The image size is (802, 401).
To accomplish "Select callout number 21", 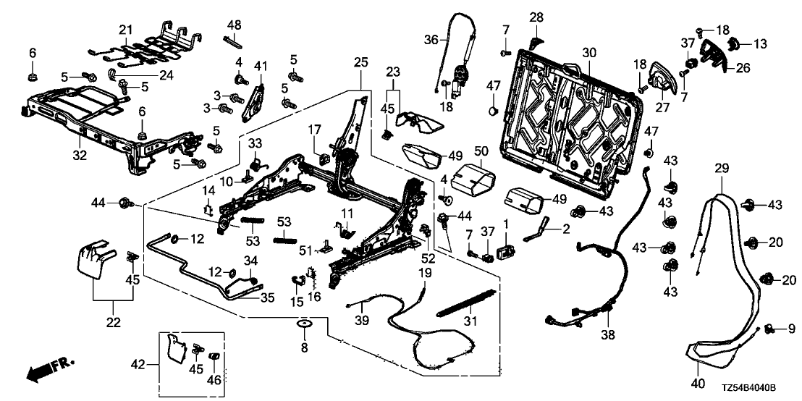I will click(x=126, y=29).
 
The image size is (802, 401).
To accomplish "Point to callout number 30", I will click(x=589, y=52).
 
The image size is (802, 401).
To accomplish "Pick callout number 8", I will click(x=304, y=348).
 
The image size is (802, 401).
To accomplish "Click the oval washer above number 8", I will click(x=304, y=322).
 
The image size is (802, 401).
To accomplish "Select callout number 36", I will click(x=432, y=41).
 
